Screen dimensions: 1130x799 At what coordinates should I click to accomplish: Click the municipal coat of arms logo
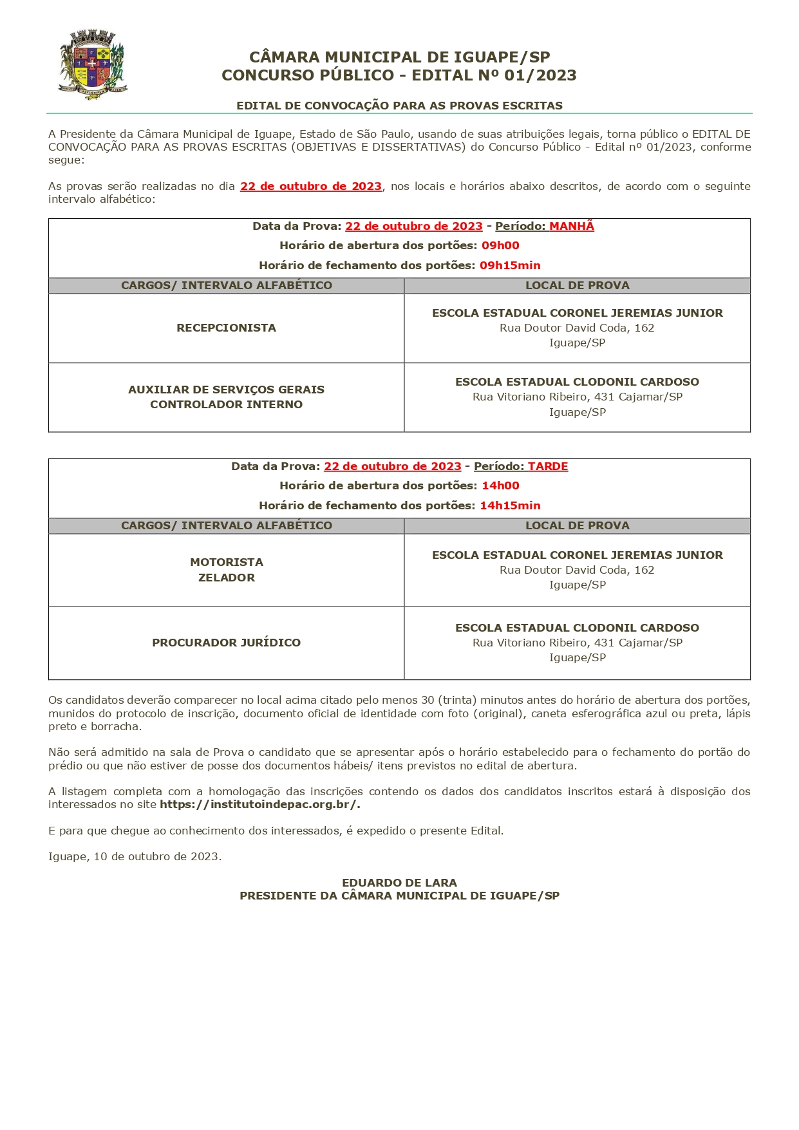[93, 64]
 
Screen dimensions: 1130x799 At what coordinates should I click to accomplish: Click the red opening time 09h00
[500, 245]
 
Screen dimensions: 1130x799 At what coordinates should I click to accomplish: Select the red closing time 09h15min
[510, 265]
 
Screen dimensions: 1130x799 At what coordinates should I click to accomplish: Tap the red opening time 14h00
[500, 485]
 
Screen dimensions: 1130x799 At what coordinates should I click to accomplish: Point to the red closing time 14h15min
[510, 505]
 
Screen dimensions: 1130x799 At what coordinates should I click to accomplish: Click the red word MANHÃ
[571, 226]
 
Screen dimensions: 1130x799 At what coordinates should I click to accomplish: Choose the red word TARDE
[548, 466]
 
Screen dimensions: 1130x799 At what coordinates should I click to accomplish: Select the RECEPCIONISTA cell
[226, 328]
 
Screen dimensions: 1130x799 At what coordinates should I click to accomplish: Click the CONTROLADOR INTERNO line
[226, 404]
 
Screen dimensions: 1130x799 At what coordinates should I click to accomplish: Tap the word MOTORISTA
[227, 562]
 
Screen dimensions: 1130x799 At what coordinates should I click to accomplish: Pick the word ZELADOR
[227, 578]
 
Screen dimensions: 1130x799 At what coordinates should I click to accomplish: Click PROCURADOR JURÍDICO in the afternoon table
[226, 643]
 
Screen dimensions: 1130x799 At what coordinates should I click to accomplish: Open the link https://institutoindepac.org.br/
[259, 804]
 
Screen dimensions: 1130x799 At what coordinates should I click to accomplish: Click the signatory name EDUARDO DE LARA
[399, 883]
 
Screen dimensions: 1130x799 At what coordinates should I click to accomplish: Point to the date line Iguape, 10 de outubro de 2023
[135, 856]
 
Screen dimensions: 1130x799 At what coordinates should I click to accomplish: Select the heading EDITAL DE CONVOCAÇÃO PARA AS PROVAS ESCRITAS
[399, 106]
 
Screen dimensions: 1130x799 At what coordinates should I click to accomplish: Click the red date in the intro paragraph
[311, 186]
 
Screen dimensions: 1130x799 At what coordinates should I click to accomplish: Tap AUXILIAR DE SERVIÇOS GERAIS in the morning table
[226, 390]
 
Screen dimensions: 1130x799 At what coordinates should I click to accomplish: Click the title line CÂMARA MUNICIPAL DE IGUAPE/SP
[399, 57]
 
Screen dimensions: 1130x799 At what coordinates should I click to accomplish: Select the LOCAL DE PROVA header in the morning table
[577, 285]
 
